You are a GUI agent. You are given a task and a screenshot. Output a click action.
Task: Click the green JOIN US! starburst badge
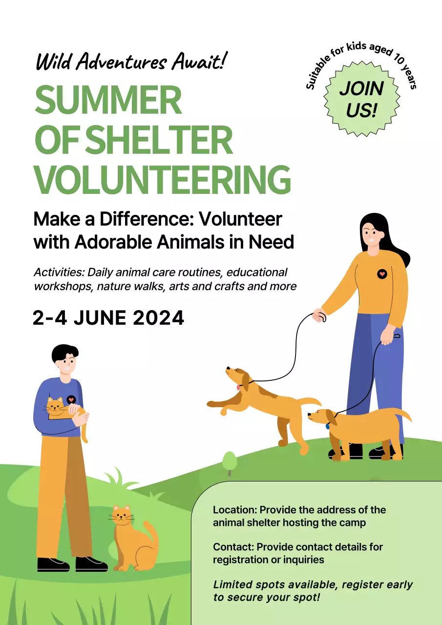pos(361,100)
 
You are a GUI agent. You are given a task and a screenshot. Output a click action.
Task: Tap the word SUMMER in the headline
pos(108,101)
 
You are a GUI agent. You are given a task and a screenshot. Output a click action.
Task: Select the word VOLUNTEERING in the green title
pos(162,180)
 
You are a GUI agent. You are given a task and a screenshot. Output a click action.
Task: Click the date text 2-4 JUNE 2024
pos(108,318)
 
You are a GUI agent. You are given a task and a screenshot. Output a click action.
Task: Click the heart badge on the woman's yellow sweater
pos(382,274)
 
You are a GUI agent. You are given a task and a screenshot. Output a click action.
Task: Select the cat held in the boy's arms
pos(61,410)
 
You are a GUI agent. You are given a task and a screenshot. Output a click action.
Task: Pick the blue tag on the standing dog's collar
pos(327,426)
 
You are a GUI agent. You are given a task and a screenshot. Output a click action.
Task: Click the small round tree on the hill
pos(229,461)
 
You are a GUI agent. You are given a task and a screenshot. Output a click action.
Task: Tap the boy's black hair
pos(65,353)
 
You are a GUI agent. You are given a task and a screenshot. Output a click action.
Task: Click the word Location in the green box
pos(234,510)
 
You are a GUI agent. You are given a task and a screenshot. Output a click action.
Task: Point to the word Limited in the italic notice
pos(233,584)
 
